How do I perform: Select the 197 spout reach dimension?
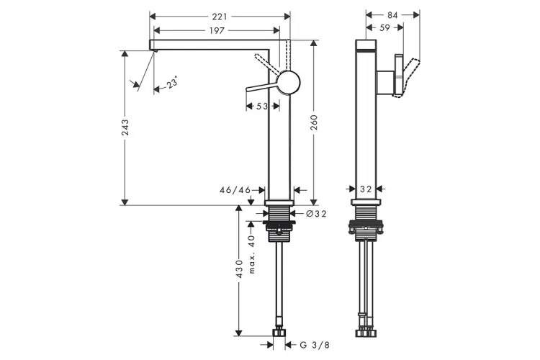(218, 30)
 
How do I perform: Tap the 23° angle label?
(171, 84)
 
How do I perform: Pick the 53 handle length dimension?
(261, 107)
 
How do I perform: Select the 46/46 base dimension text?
(235, 190)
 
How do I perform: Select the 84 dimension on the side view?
(392, 14)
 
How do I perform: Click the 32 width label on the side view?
(366, 189)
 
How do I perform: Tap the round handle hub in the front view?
(289, 83)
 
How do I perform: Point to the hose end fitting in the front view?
(279, 333)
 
